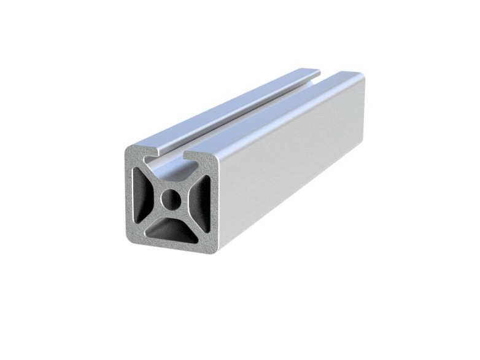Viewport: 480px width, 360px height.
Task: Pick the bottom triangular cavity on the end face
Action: click(172, 232)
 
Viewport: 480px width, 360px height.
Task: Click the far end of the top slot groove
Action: click(325, 76)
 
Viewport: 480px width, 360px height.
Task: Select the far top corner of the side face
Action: click(363, 76)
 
